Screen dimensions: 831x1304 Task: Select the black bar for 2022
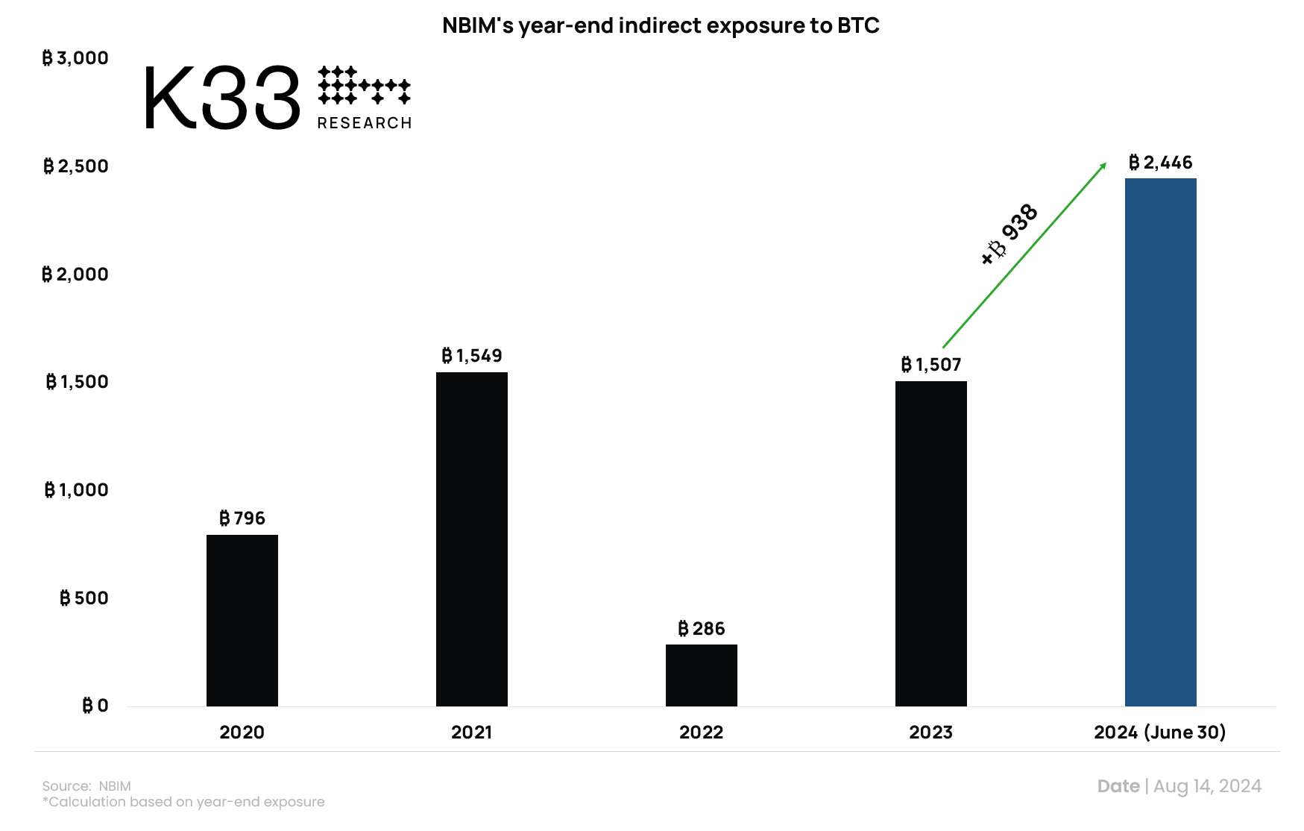(x=701, y=675)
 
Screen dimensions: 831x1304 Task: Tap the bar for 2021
(x=471, y=539)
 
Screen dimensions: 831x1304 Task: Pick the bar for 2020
(x=242, y=620)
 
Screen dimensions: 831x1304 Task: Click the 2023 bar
(x=930, y=543)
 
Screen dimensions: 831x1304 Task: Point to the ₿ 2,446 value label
(x=1160, y=163)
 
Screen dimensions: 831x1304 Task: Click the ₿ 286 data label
(x=701, y=629)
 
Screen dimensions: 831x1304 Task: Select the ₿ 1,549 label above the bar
(x=471, y=356)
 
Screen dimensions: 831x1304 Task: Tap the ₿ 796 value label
(x=242, y=518)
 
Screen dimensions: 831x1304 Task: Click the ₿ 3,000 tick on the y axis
(x=75, y=58)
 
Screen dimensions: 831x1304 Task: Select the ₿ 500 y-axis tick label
(x=84, y=598)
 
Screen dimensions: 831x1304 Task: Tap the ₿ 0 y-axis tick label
(x=95, y=706)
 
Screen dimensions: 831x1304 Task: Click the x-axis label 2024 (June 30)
(x=1159, y=733)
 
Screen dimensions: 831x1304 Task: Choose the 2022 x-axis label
(x=701, y=733)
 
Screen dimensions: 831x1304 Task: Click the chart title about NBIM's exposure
(x=661, y=25)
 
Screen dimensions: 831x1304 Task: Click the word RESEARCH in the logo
(x=365, y=123)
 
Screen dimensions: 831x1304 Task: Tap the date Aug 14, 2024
(x=1207, y=786)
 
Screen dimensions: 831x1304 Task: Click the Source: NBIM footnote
(x=86, y=786)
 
